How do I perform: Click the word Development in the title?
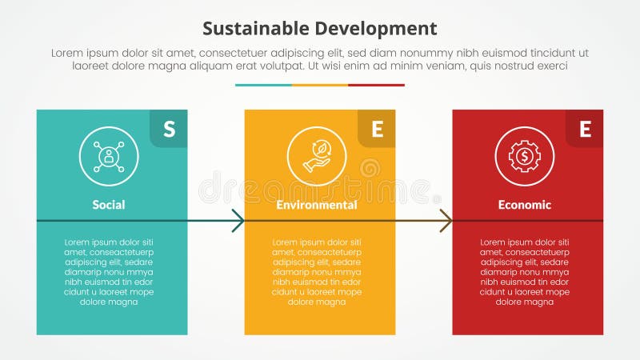click(x=373, y=29)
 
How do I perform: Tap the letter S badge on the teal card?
click(x=169, y=129)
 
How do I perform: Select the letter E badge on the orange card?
click(x=377, y=129)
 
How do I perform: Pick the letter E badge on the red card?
click(x=585, y=129)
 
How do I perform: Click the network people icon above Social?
click(x=109, y=157)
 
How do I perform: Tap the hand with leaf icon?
click(x=317, y=157)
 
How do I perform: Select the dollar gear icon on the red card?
click(x=525, y=157)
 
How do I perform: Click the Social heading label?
click(x=109, y=205)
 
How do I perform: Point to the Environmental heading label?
click(x=317, y=205)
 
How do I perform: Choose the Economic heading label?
click(x=525, y=205)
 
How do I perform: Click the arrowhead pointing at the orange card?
click(x=238, y=221)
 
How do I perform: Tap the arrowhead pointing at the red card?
click(x=446, y=221)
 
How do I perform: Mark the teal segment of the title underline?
click(x=263, y=85)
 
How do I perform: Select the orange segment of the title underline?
click(x=320, y=85)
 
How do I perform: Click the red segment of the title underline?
click(x=376, y=85)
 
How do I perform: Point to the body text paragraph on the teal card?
click(x=109, y=272)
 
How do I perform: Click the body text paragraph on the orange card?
click(x=317, y=272)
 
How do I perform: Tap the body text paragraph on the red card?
click(x=525, y=272)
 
